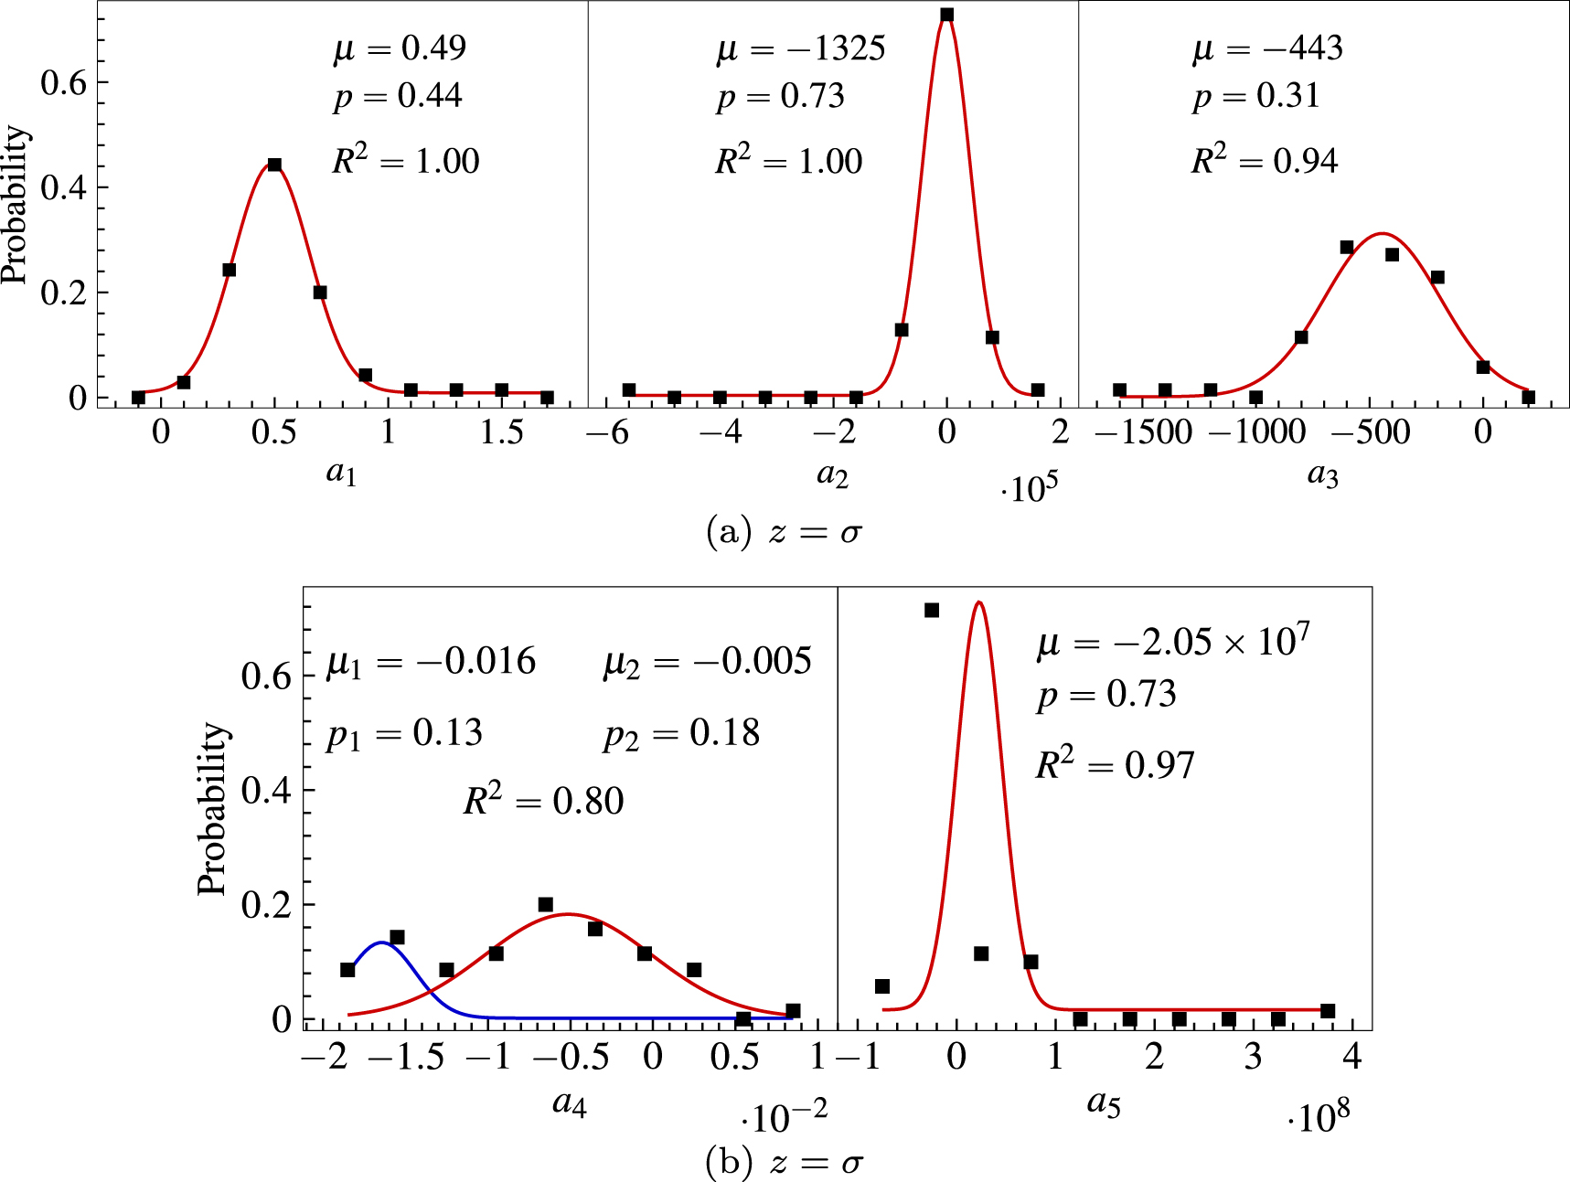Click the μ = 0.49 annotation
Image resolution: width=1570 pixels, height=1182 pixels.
pos(400,48)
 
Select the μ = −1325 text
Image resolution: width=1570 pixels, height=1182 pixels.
pos(801,48)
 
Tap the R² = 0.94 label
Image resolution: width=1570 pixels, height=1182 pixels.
pos(1265,161)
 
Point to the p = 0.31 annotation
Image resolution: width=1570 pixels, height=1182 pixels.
pos(1256,96)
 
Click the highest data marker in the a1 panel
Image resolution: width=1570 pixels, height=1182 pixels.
pos(274,165)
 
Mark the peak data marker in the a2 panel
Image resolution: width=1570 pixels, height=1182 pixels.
pos(946,15)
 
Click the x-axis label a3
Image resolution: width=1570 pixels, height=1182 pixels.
pos(1322,474)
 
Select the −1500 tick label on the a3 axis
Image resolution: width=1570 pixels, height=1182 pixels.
pos(1143,431)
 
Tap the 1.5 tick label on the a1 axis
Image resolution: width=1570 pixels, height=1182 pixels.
pos(501,431)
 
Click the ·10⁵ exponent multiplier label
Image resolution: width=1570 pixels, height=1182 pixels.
pos(1029,488)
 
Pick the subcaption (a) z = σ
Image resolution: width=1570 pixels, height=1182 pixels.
pos(785,531)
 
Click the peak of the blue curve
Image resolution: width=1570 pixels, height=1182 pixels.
pos(380,942)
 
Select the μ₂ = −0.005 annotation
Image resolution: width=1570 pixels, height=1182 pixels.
pos(707,661)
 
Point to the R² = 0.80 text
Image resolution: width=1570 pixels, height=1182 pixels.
pos(543,801)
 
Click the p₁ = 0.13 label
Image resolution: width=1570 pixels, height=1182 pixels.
pos(404,733)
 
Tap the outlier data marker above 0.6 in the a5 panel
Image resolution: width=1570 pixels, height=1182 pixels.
pos(932,610)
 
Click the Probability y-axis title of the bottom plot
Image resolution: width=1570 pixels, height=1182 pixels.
pos(212,808)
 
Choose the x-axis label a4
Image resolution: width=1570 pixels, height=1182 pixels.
pos(569,1103)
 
